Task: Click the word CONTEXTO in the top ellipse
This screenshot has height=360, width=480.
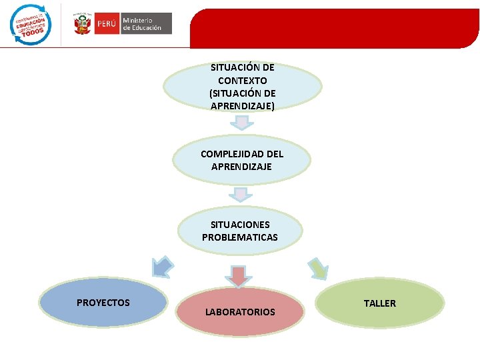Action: point(242,81)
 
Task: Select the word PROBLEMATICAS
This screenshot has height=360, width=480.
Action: point(240,237)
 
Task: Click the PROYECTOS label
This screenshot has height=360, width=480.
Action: point(103,303)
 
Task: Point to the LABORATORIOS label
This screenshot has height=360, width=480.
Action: point(240,312)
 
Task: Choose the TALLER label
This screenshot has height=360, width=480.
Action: point(380,303)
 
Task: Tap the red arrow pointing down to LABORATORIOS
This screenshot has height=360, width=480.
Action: point(239,273)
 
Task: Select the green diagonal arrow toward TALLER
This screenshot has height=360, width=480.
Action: point(318,268)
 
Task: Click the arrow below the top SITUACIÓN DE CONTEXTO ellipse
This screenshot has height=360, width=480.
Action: point(242,122)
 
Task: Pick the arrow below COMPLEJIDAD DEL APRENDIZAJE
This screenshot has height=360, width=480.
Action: point(240,194)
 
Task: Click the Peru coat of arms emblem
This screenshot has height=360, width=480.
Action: point(82,25)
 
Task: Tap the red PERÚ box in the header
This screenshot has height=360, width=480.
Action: point(107,25)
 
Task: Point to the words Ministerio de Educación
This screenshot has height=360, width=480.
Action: point(141,25)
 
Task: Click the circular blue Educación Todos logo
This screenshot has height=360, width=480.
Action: point(30,25)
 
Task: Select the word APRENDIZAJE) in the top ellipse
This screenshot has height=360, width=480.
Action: point(242,106)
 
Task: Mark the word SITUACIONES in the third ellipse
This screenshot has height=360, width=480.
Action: point(240,225)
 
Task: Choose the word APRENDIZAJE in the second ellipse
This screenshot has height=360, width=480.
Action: point(241,167)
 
